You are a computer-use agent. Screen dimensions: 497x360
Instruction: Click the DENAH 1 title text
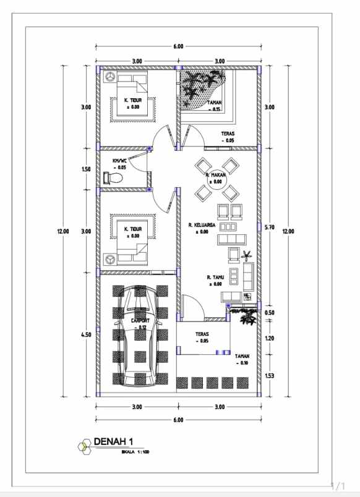113,441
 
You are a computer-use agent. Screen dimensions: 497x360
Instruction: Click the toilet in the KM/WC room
113,178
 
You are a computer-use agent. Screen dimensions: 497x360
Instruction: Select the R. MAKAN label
214,175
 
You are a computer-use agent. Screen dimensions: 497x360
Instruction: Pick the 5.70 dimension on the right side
269,227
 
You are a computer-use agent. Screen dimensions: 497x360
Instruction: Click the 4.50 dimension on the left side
87,334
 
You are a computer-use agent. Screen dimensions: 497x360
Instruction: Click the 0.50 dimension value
269,313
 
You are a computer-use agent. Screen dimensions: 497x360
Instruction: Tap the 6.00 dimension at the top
178,46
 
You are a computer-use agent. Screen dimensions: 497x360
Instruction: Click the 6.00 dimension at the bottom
178,420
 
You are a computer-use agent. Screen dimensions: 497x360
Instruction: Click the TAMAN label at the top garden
215,103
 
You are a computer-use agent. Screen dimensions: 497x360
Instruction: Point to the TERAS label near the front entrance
202,334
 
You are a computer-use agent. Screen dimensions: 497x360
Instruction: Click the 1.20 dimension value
269,338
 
